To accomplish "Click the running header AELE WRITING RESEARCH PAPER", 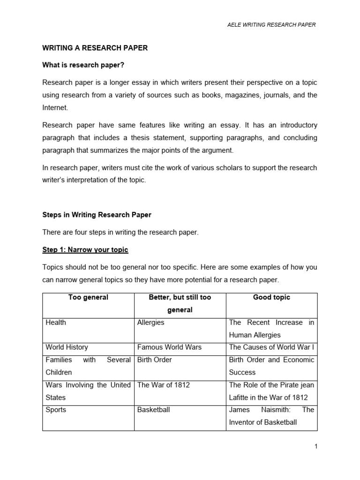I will tap(271, 25).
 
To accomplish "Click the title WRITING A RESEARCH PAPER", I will tap(95, 48).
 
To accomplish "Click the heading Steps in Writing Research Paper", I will tap(97, 215).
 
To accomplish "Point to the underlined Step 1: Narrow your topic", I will tap(85, 250).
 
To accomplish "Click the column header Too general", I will tap(88, 297).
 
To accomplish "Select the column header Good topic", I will tap(271, 297).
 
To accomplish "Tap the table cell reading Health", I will tap(56, 322).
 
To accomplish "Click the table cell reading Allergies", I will tap(150, 322).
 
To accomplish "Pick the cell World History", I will tap(67, 347).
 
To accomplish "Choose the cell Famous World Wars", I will tap(169, 347).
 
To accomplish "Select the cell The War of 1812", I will tap(164, 385).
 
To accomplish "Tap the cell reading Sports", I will tap(56, 410).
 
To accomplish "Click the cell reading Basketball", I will tap(153, 410).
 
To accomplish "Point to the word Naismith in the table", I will tap(275, 410).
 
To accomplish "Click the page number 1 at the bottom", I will tap(316, 447).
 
